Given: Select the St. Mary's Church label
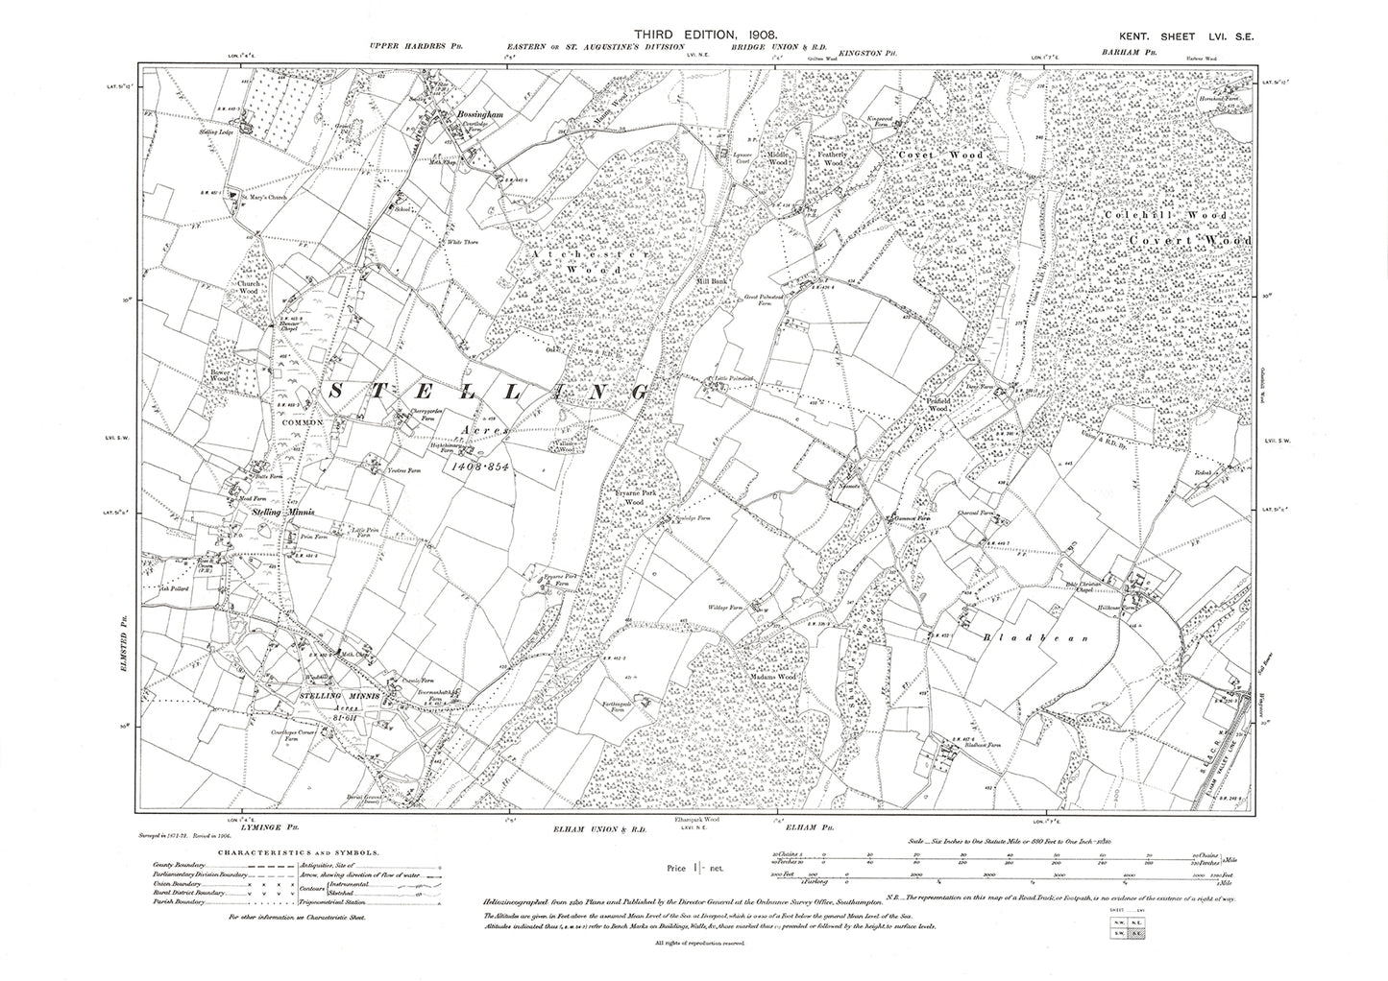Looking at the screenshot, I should click(263, 199).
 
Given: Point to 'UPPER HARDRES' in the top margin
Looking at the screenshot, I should click(403, 46).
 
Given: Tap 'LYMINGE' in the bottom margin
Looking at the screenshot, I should click(256, 827).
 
